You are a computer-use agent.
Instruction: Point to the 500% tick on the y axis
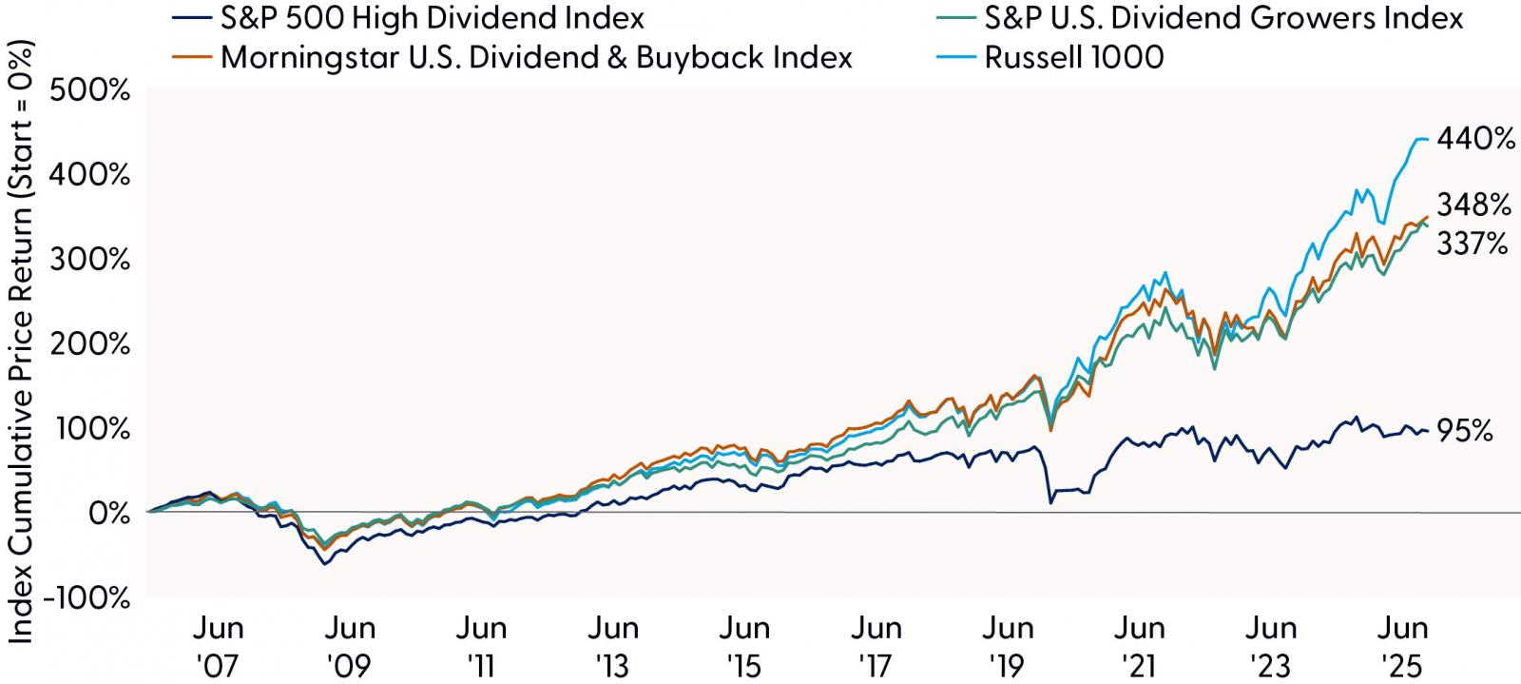pos(93,91)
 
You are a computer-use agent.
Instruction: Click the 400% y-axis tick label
pos(93,175)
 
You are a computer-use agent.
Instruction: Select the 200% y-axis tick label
pos(93,344)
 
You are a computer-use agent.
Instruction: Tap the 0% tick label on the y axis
pos(106,514)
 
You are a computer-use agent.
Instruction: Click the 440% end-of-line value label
pos(1475,140)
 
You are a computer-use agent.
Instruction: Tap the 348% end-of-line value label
pos(1473,205)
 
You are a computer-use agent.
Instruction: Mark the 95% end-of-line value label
pos(1465,431)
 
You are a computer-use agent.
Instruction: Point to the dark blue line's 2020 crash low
pos(1050,502)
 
